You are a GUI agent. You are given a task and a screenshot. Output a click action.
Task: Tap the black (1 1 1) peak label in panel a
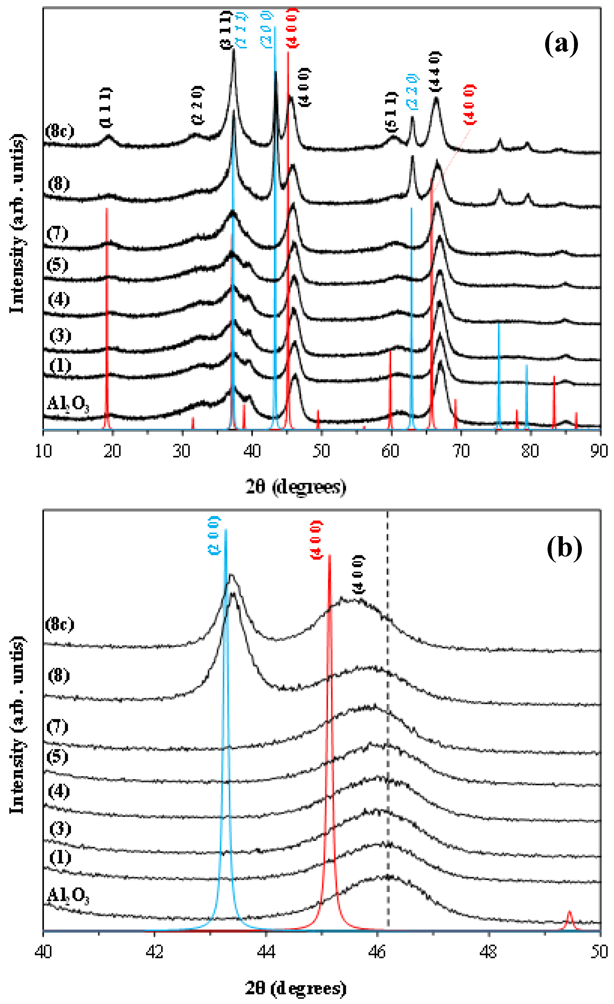tap(106, 107)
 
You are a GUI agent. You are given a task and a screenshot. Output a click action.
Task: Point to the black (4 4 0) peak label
tap(435, 71)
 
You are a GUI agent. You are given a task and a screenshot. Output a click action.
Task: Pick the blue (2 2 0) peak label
tap(413, 91)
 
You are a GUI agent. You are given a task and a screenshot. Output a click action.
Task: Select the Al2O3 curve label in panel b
tap(68, 896)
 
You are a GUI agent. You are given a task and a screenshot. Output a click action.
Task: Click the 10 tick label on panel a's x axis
tap(43, 451)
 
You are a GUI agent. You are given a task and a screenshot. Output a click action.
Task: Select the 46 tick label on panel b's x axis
tap(377, 952)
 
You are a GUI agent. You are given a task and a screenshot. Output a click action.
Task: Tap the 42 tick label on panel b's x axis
tap(154, 952)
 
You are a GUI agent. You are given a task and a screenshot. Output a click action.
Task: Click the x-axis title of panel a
tap(296, 487)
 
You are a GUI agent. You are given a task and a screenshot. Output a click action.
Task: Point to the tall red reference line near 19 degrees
tap(107, 318)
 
